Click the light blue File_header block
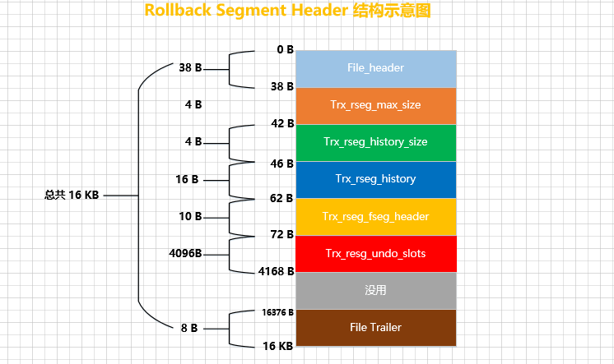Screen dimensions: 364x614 (x=375, y=68)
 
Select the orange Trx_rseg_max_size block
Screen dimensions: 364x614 (x=375, y=105)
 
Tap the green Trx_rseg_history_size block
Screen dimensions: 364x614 (x=375, y=142)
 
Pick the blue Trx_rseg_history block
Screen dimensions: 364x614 (x=375, y=179)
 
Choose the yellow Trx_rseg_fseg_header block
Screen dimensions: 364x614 (x=375, y=216)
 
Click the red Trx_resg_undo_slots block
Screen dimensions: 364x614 (x=375, y=253)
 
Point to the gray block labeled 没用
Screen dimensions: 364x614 (x=375, y=290)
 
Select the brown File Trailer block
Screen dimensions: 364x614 (x=375, y=327)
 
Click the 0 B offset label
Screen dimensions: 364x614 (x=285, y=49)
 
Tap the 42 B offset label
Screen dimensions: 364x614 (x=282, y=123)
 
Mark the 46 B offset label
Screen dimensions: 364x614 (x=282, y=164)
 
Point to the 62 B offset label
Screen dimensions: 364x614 (x=282, y=198)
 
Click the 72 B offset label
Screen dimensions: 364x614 (x=282, y=235)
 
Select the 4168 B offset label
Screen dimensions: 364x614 (x=277, y=270)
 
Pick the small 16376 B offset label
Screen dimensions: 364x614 (x=277, y=312)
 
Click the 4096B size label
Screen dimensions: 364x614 (x=185, y=253)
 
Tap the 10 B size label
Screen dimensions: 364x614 (x=190, y=216)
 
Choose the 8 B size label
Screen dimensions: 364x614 (x=188, y=328)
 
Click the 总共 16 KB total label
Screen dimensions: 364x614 (x=72, y=196)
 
